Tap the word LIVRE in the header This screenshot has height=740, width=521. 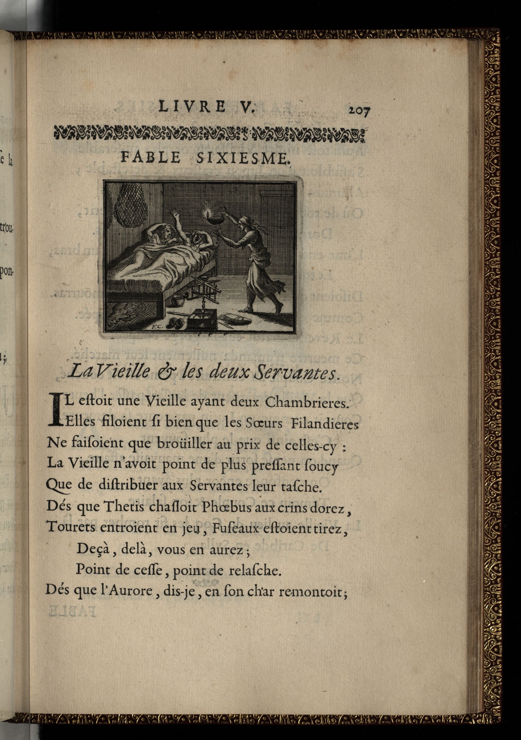pos(193,107)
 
